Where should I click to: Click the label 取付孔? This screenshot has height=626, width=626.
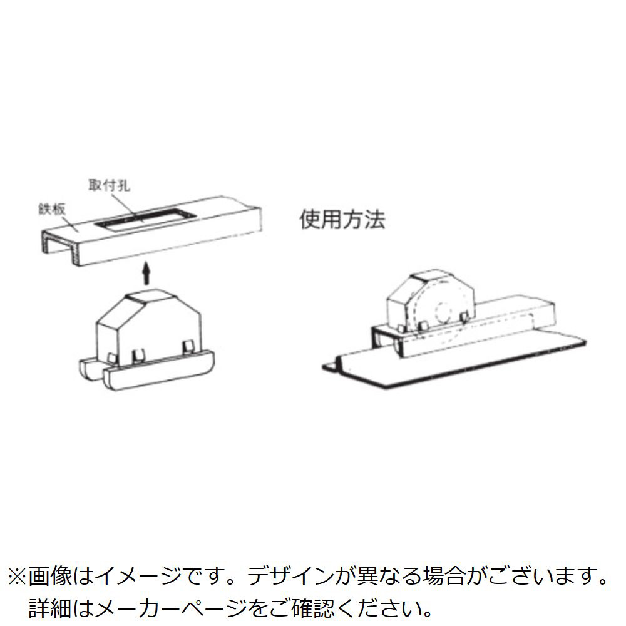pos(109,186)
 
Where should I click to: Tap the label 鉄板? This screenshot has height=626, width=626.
pos(52,210)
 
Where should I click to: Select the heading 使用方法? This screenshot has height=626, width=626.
pos(342,220)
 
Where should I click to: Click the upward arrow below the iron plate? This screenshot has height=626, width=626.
pos(147,274)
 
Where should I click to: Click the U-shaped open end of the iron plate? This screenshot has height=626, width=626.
pos(59,247)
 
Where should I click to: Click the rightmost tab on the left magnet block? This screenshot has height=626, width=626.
pos(188,347)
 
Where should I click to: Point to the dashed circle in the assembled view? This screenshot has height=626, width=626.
pos(444,310)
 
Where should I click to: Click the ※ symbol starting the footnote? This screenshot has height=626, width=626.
pos(17,577)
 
